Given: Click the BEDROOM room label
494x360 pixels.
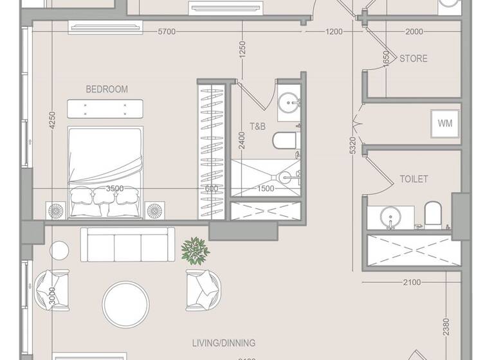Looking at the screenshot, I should [x=107, y=89].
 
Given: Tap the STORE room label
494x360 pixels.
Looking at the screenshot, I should [x=414, y=59].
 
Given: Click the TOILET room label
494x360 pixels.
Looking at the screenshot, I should [x=414, y=179].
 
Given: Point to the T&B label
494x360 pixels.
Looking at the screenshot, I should [x=257, y=127].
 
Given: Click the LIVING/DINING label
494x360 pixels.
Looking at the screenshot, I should [x=224, y=343].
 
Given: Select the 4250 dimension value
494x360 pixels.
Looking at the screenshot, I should [x=53, y=121].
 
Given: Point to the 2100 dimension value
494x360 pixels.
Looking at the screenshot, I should [x=411, y=282].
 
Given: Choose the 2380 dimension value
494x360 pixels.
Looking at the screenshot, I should [x=446, y=328].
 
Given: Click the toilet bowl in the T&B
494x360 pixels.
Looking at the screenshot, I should [x=283, y=140].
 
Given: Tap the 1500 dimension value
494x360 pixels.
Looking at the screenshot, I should [x=266, y=188].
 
